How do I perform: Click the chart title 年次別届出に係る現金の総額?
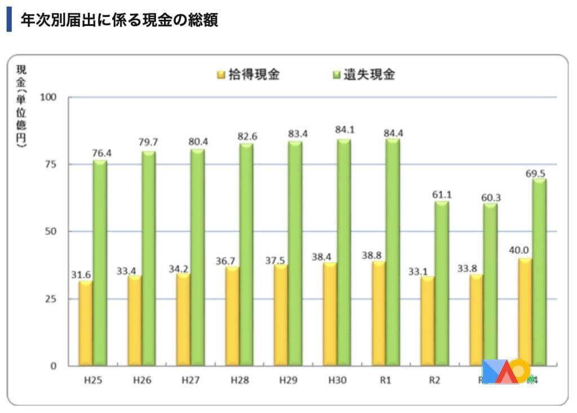(x=119, y=20)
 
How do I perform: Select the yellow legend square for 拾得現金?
(x=221, y=75)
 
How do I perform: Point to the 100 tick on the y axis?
(x=50, y=97)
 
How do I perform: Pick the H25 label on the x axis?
(x=93, y=380)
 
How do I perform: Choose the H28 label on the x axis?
(x=239, y=380)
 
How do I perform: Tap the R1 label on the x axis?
(x=385, y=380)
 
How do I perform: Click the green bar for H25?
(x=100, y=263)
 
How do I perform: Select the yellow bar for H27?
(x=183, y=319)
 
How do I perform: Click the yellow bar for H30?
(x=329, y=313)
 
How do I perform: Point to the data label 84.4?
(x=393, y=133)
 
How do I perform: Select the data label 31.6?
(x=81, y=274)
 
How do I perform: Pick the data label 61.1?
(x=442, y=195)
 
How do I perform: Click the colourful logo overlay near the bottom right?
(x=507, y=372)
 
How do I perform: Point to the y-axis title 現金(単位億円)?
(x=21, y=107)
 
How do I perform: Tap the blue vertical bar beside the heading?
(x=9, y=19)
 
